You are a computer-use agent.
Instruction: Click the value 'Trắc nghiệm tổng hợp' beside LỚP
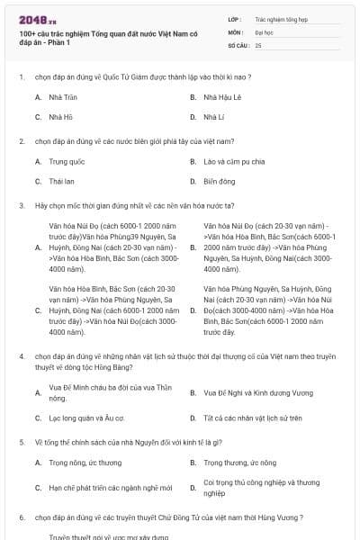[274, 18]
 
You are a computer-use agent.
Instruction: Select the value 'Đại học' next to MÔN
[264, 31]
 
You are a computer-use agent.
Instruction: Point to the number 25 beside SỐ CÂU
[258, 44]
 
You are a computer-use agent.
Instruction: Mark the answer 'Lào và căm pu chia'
[234, 162]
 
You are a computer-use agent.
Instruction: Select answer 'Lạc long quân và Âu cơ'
[86, 418]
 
